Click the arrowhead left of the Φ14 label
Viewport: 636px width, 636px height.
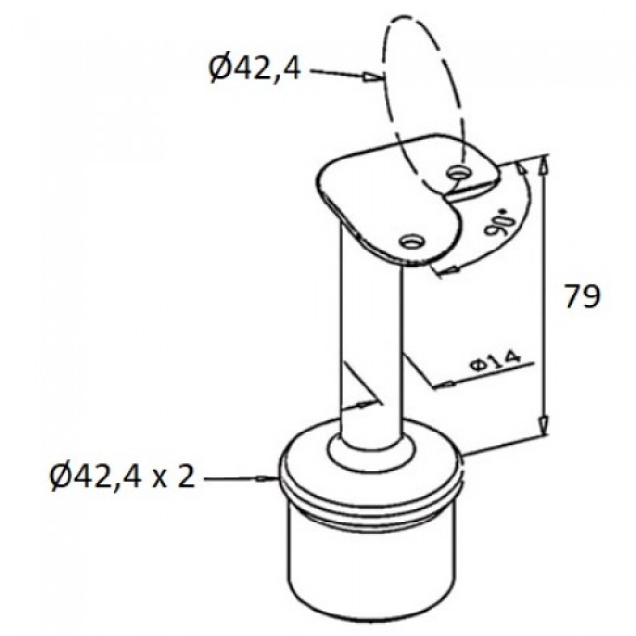click(448, 385)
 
